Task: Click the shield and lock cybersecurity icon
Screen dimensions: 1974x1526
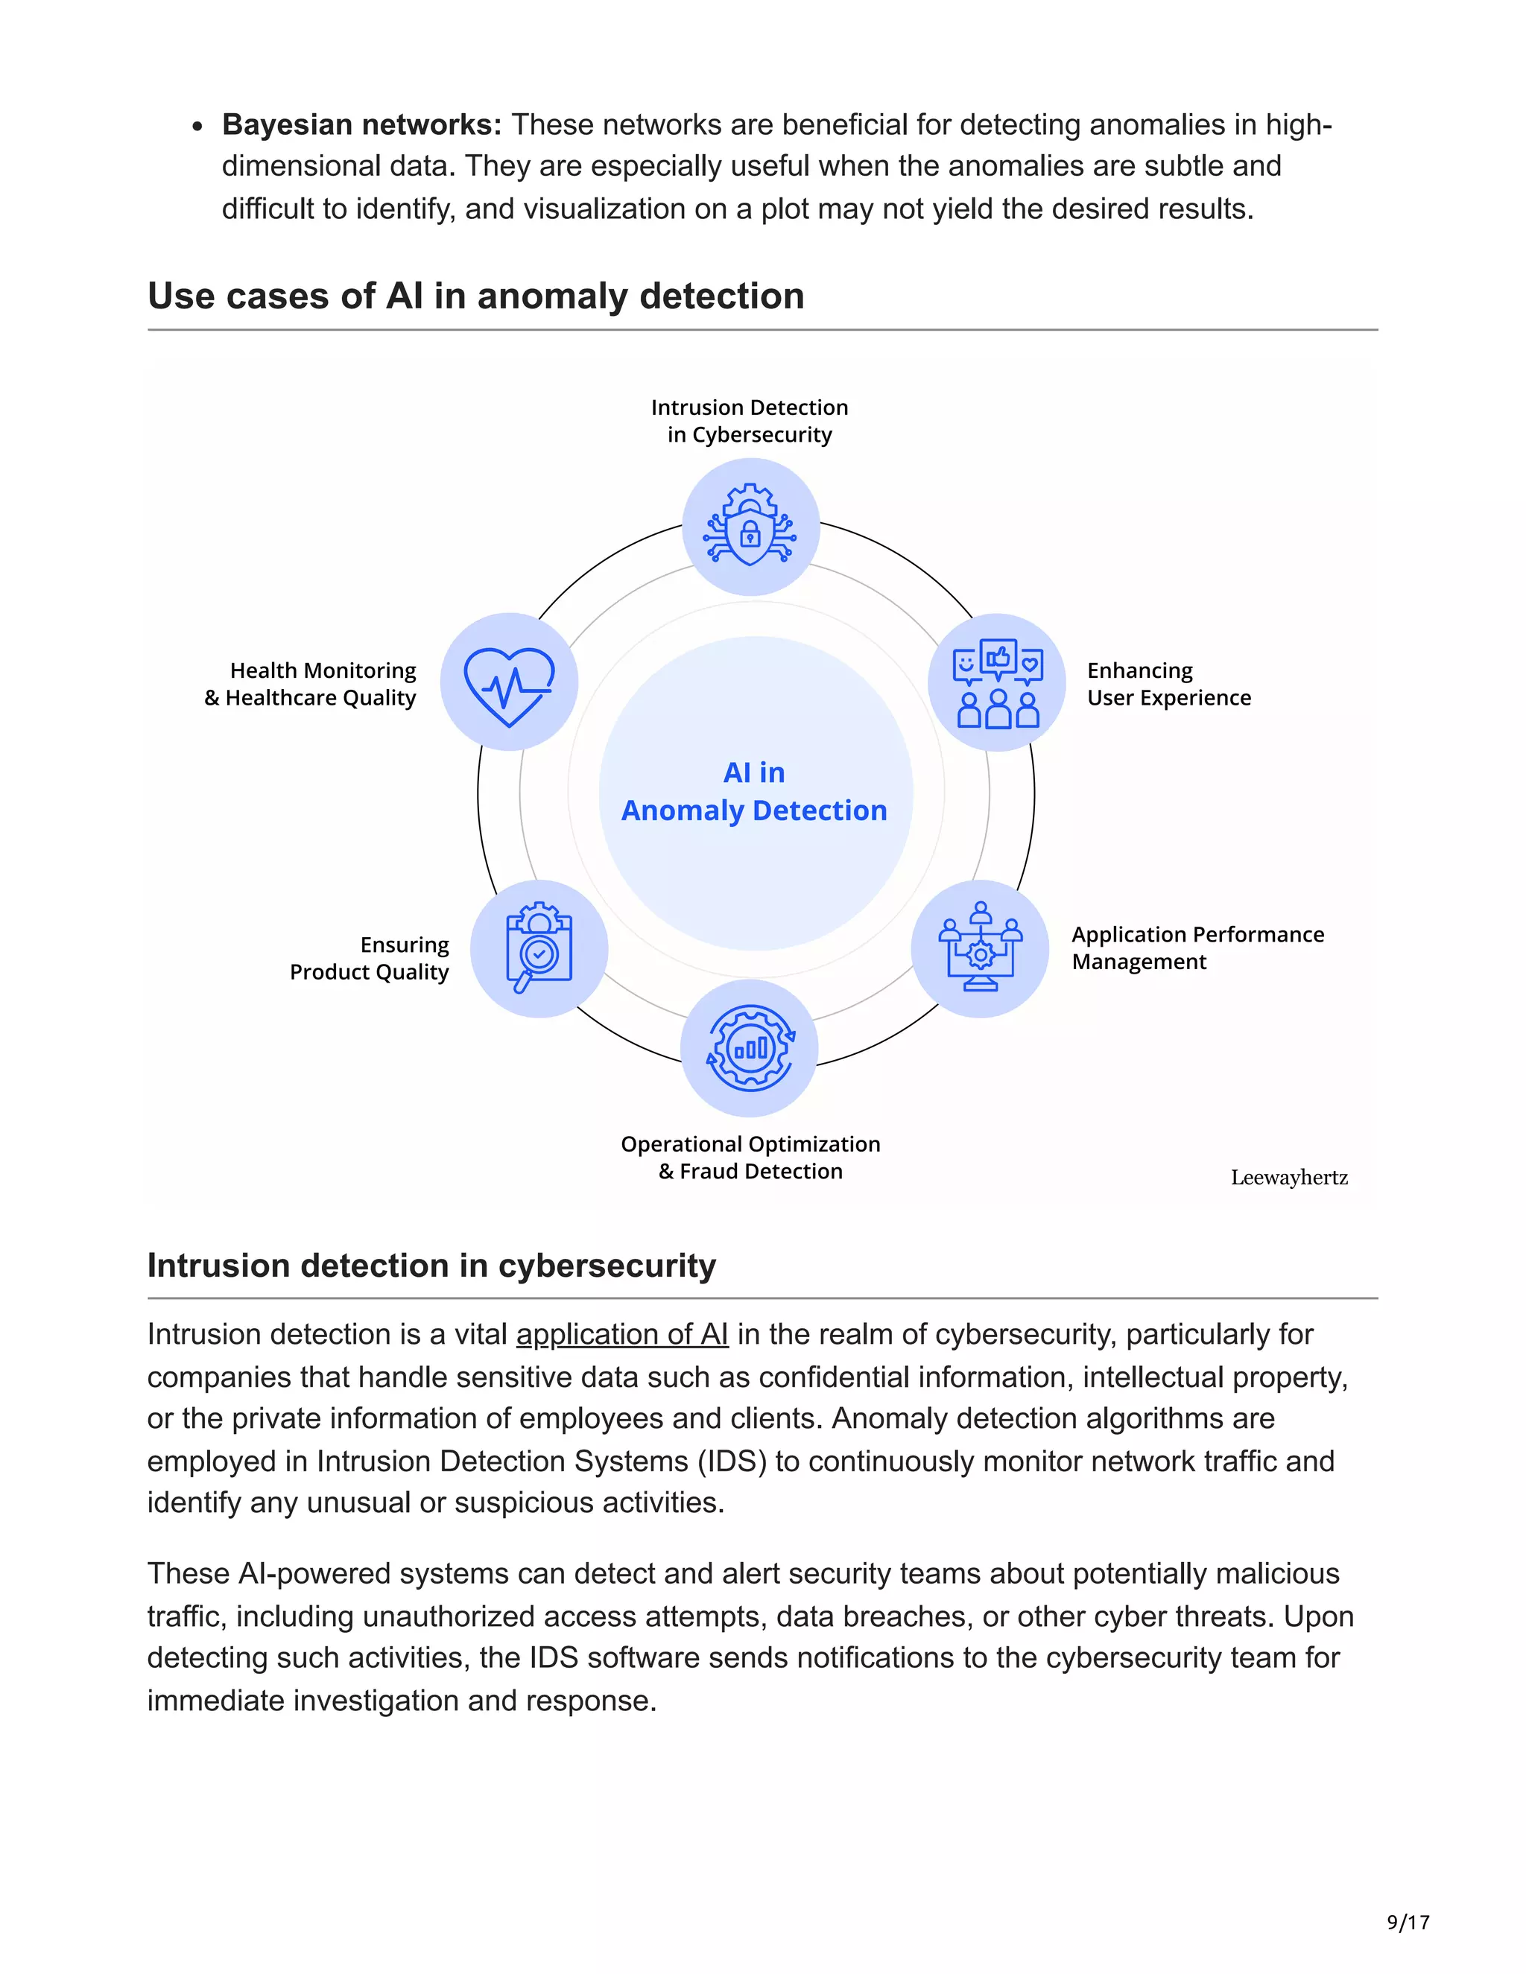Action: [x=750, y=527]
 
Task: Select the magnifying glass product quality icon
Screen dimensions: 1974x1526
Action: [x=539, y=948]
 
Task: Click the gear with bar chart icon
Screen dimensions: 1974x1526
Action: [x=750, y=1049]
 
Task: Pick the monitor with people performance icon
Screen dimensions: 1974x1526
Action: [x=980, y=948]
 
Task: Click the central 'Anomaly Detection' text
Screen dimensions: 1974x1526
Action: [x=754, y=810]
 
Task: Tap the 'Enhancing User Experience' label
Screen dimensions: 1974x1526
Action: [x=1168, y=685]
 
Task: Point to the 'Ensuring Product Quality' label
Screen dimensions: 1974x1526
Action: [x=370, y=958]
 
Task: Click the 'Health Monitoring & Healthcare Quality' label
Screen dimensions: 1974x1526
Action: [x=311, y=685]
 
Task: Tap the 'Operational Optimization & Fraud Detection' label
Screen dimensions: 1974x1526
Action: [x=750, y=1158]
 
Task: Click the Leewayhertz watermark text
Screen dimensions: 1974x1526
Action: [x=1289, y=1178]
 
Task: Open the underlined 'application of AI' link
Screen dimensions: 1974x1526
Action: [x=622, y=1335]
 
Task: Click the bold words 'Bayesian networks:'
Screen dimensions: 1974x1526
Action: [x=361, y=124]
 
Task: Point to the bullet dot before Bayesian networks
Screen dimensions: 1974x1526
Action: [x=197, y=127]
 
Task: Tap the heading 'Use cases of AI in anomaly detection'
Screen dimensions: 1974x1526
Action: [x=475, y=296]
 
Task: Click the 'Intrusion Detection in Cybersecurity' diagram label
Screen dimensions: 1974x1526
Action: [x=750, y=421]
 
